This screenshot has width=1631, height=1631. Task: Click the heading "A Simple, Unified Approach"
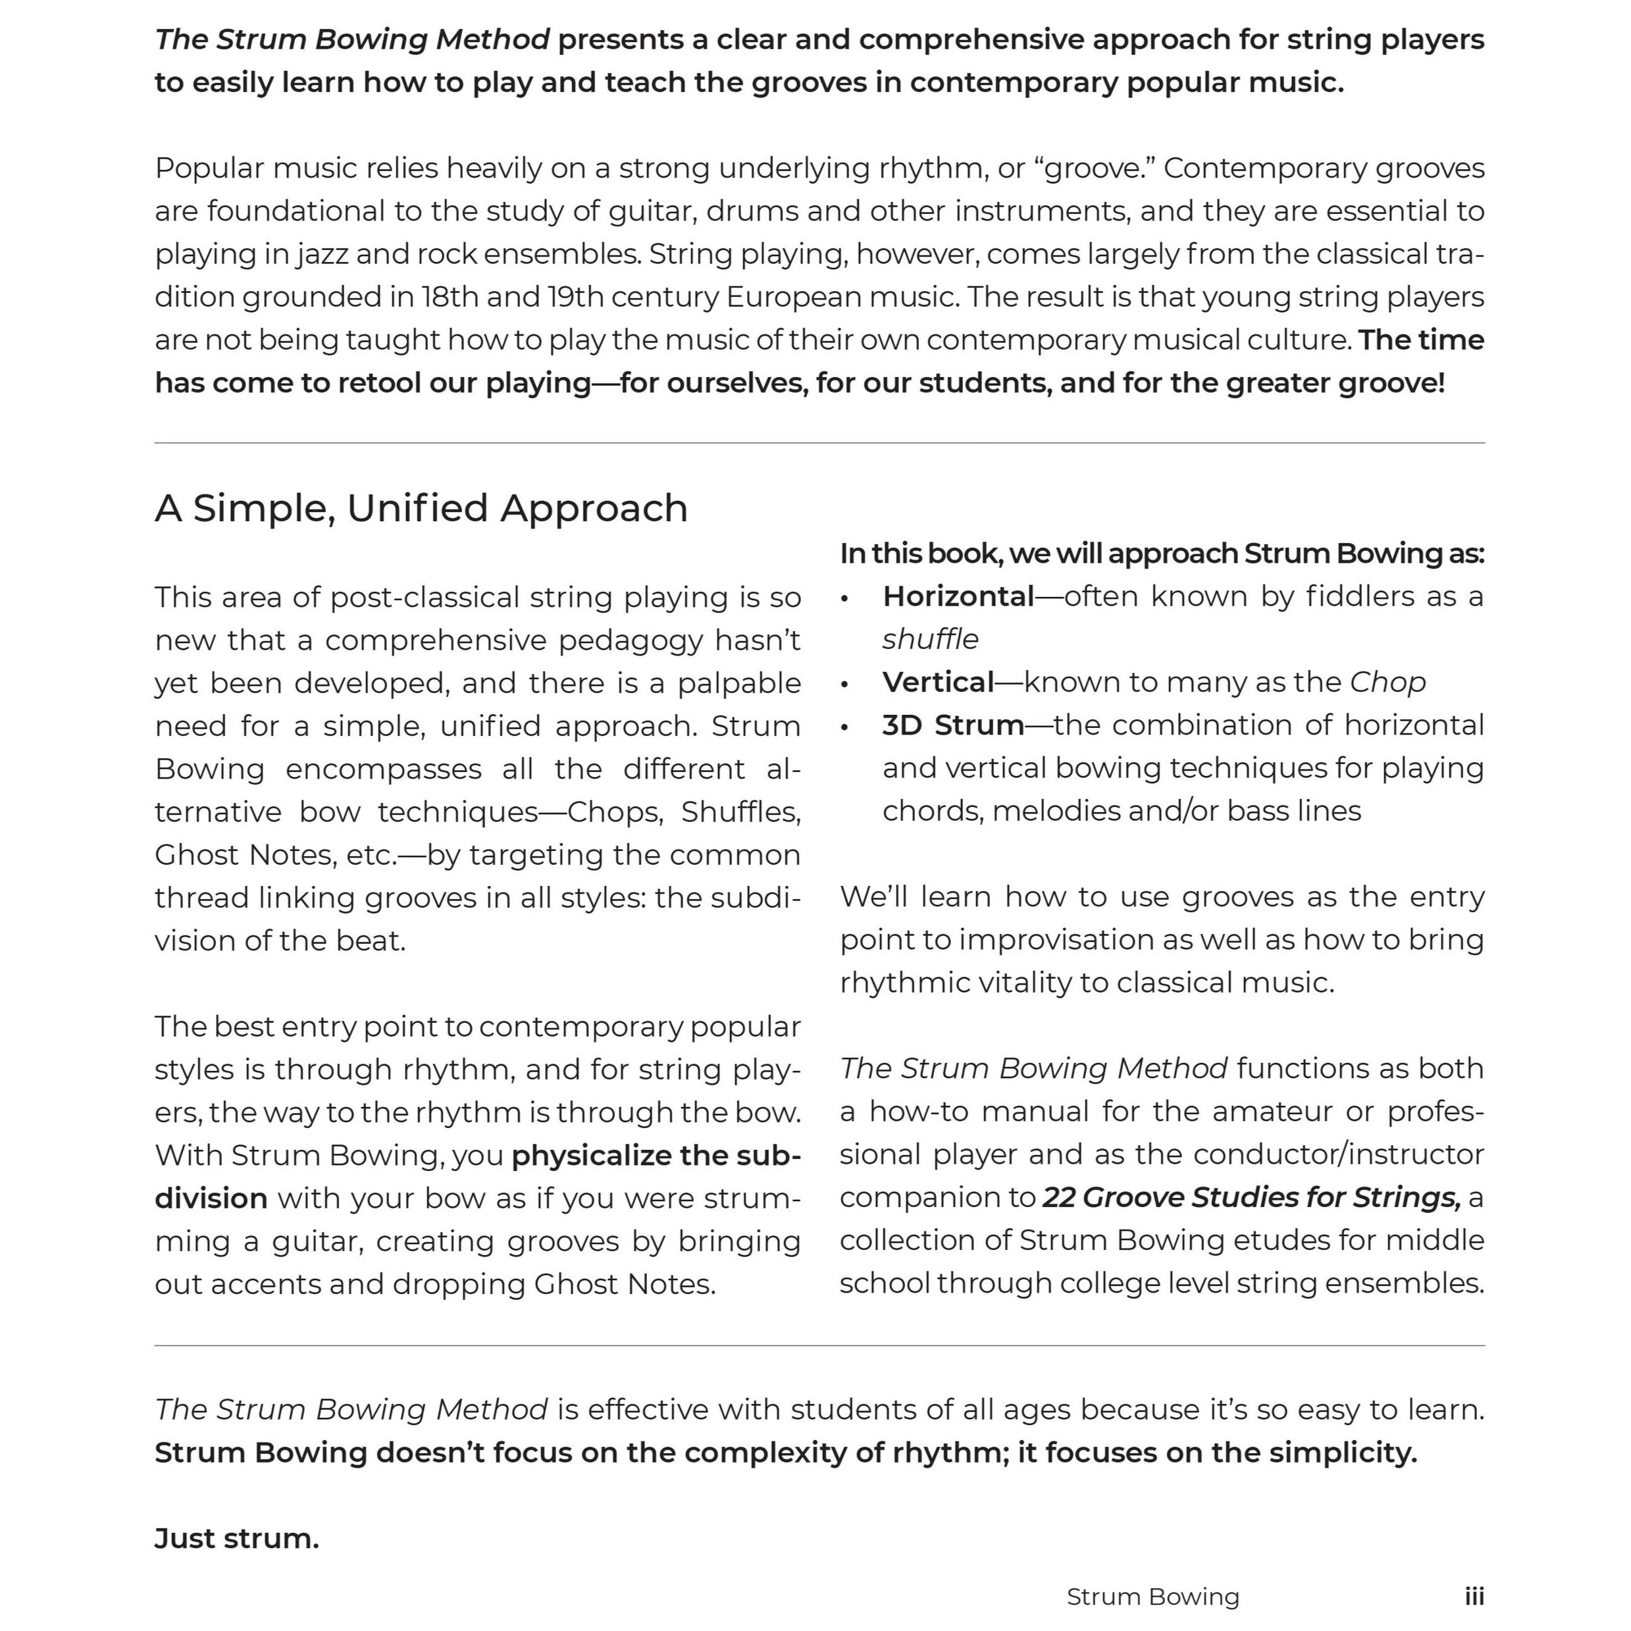pos(421,508)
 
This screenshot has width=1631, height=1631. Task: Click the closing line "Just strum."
pos(237,1538)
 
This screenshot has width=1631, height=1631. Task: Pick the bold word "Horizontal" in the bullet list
pos(958,597)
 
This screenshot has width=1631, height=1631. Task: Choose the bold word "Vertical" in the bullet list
pos(938,682)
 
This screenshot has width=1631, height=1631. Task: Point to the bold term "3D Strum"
pos(953,725)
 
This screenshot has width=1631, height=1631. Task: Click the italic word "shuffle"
pos(930,640)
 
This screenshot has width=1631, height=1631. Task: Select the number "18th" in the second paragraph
pos(452,297)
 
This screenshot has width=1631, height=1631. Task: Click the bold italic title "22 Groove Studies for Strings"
pos(1251,1197)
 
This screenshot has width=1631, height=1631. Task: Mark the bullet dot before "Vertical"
pos(844,684)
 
